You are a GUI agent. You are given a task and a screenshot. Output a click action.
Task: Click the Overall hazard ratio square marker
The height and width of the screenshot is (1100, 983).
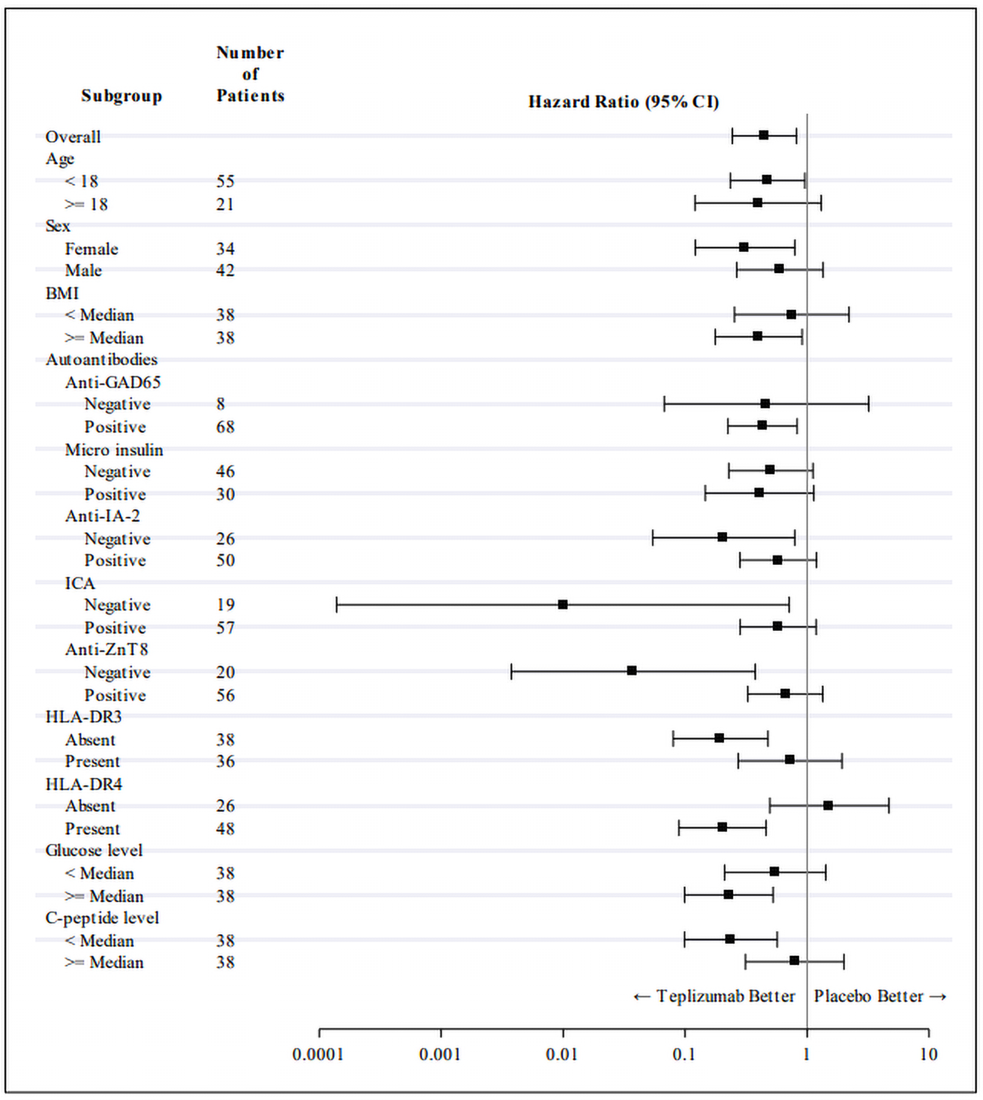click(x=764, y=135)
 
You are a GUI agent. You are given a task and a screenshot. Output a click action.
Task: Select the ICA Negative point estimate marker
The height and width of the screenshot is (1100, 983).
click(x=563, y=604)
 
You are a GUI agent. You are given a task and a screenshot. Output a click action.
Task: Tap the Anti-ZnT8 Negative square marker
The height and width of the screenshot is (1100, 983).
click(x=632, y=670)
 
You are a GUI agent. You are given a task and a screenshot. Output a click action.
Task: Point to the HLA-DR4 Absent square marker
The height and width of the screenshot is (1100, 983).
click(x=828, y=805)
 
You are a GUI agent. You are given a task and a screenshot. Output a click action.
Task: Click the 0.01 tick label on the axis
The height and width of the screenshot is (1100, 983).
click(x=561, y=1055)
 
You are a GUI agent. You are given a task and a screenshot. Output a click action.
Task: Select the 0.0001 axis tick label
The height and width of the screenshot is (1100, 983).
click(x=318, y=1055)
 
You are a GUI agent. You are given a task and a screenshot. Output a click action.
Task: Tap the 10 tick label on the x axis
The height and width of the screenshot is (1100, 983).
click(x=928, y=1055)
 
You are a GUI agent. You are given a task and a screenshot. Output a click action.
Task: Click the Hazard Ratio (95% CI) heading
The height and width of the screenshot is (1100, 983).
click(x=623, y=101)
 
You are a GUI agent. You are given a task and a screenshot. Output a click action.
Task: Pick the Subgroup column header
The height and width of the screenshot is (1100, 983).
click(x=122, y=96)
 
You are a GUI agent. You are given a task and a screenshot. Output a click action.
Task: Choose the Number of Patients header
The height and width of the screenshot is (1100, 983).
click(x=250, y=74)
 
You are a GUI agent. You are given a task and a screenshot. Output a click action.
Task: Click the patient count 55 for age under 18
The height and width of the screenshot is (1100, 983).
click(x=225, y=181)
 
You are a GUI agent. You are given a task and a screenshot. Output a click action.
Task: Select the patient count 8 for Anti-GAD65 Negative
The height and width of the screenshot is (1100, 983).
click(x=221, y=404)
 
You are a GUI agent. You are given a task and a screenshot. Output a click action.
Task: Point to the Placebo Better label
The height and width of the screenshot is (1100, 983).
click(x=868, y=997)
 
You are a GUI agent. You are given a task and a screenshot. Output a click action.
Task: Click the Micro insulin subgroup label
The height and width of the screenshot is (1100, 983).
click(x=114, y=450)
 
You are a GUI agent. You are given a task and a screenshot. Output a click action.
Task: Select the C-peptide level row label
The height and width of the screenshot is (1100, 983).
click(x=102, y=918)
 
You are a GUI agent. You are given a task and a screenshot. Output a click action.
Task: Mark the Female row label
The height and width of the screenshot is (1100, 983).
click(x=92, y=249)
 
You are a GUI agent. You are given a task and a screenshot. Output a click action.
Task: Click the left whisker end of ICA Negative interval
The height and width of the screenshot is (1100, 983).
click(x=337, y=604)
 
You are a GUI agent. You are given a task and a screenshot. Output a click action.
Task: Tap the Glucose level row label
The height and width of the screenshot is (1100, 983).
click(x=94, y=851)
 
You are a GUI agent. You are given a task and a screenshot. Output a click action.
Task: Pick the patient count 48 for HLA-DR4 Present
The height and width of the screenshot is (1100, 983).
click(x=225, y=829)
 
